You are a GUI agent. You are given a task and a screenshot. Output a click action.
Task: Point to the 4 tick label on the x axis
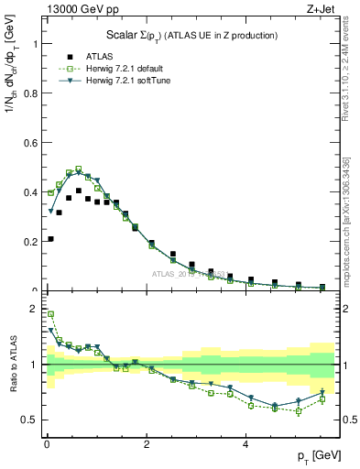245,445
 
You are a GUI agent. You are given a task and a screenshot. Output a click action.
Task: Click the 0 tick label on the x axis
47,445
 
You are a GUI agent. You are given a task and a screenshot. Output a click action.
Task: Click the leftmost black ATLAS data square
49,239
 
